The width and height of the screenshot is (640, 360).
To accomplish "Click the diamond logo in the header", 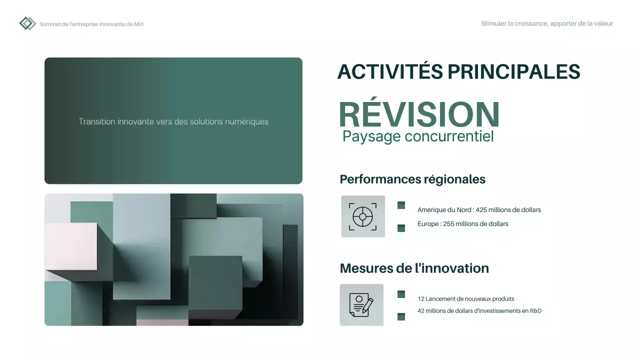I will (27, 23).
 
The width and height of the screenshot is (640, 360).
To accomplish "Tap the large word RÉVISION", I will (419, 114).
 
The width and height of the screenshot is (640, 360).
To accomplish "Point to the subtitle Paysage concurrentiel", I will (418, 136).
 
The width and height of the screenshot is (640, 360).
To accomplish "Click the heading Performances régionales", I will (412, 179).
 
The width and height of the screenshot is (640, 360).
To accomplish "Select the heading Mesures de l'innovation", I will (414, 268).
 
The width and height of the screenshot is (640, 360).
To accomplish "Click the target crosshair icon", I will (363, 216).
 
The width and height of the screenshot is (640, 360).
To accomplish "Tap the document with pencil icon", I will (361, 305).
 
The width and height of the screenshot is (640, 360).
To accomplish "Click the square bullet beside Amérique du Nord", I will (401, 205).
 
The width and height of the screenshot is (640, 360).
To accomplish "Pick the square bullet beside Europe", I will (401, 228).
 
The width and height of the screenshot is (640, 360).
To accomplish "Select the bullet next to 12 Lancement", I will (401, 294).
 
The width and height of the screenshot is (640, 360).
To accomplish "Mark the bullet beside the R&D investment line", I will (401, 316).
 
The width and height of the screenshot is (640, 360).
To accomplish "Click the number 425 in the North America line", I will (481, 210).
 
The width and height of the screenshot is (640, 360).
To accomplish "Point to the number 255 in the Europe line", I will (448, 224).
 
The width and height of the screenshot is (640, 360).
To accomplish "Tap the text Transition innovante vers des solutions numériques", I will (173, 121).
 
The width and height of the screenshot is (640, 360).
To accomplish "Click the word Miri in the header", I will (139, 24).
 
